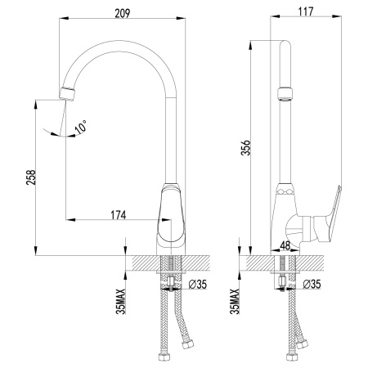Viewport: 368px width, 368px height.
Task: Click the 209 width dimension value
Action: (121, 14)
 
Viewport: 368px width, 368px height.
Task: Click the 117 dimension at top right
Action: (307, 14)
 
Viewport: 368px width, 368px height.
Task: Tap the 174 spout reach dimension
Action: (118, 215)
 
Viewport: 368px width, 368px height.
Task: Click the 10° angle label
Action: (79, 127)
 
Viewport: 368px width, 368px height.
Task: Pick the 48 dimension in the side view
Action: (285, 245)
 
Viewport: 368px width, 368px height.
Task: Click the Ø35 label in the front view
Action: (200, 285)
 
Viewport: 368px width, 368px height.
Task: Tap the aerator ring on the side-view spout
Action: (284, 92)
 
